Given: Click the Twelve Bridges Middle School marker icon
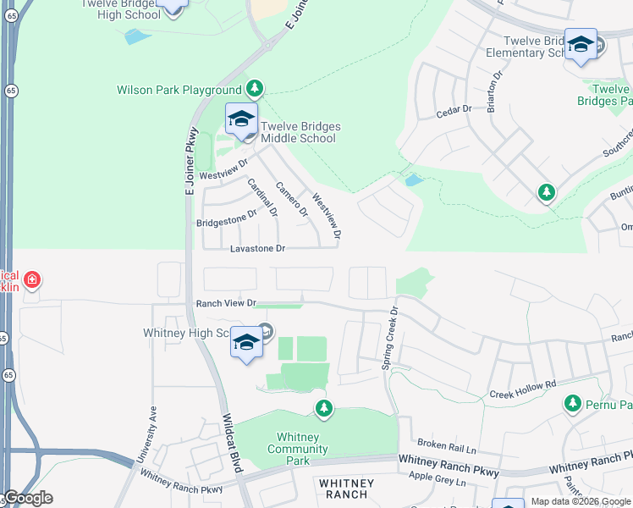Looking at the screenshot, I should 241,119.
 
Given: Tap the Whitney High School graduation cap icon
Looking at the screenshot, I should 246,342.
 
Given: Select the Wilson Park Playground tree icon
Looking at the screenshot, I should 254,88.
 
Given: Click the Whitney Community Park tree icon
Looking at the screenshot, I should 323,410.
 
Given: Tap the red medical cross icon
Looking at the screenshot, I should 31,279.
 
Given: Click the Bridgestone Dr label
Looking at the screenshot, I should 226,219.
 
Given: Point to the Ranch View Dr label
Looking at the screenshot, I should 226,303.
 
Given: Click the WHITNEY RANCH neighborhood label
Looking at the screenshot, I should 344,489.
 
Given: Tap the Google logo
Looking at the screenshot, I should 28,498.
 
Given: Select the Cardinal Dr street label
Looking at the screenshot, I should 262,198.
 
